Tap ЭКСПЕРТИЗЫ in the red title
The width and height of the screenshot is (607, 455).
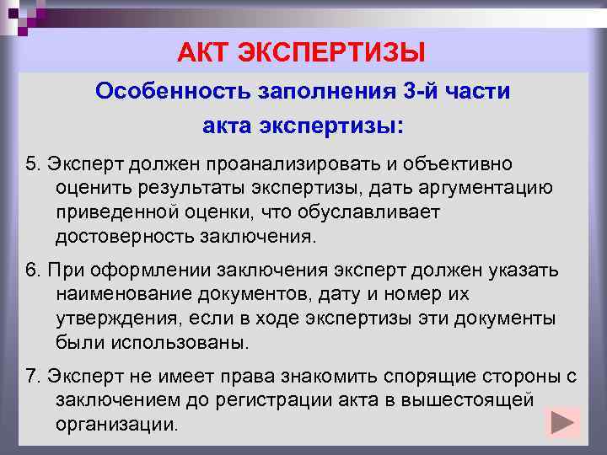(x=330, y=53)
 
